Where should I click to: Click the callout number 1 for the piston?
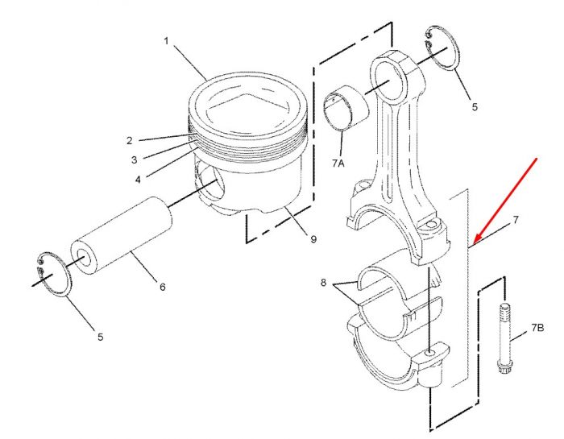[x=166, y=41]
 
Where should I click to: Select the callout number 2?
[x=130, y=141]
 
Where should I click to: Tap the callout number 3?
[x=135, y=160]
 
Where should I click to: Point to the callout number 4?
[x=138, y=180]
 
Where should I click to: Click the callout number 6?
[x=163, y=287]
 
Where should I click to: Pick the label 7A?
[x=338, y=164]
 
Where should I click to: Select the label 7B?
[x=537, y=328]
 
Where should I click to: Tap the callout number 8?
[x=323, y=283]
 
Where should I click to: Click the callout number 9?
[x=313, y=239]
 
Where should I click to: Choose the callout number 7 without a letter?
[x=516, y=219]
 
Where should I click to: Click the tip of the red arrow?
[x=475, y=242]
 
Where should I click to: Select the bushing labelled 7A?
[x=346, y=107]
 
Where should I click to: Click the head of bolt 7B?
[x=502, y=368]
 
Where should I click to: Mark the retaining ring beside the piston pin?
[x=54, y=275]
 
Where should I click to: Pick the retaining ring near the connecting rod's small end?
[x=442, y=48]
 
